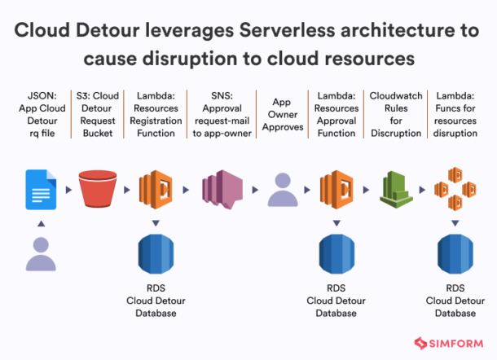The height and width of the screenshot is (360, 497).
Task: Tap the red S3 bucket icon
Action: click(x=99, y=189)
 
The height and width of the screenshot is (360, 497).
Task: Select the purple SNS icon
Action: click(x=217, y=190)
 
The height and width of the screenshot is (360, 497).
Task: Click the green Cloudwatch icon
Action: click(x=395, y=189)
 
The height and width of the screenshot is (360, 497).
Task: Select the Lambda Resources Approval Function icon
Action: click(x=336, y=189)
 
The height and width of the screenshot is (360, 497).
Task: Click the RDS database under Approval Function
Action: click(x=336, y=253)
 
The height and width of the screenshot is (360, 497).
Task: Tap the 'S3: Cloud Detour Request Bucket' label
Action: click(x=99, y=116)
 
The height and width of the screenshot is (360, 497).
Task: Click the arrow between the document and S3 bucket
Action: click(x=69, y=190)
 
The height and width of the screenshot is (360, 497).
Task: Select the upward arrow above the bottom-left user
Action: click(x=40, y=222)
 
